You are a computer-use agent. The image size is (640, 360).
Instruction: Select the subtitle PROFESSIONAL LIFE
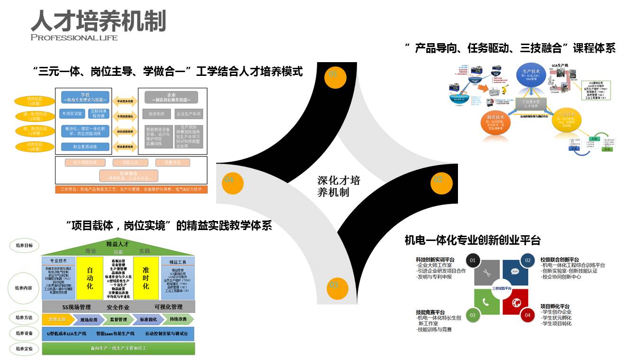pyautogui.click(x=74, y=37)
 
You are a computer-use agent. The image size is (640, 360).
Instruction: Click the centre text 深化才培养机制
pyautogui.click(x=338, y=186)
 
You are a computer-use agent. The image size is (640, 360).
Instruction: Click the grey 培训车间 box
pyautogui.click(x=156, y=114)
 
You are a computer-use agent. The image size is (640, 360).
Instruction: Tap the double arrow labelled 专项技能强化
pyautogui.click(x=125, y=116)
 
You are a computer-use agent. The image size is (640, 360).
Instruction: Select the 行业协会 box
pyautogui.click(x=128, y=176)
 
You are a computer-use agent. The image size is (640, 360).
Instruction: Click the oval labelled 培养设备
pyautogui.click(x=24, y=334)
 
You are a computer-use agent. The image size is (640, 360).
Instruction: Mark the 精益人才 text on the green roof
pyautogui.click(x=118, y=244)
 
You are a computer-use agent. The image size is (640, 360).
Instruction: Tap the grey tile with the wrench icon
pyautogui.click(x=486, y=273)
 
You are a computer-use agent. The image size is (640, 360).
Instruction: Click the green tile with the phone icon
pyautogui.click(x=486, y=302)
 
